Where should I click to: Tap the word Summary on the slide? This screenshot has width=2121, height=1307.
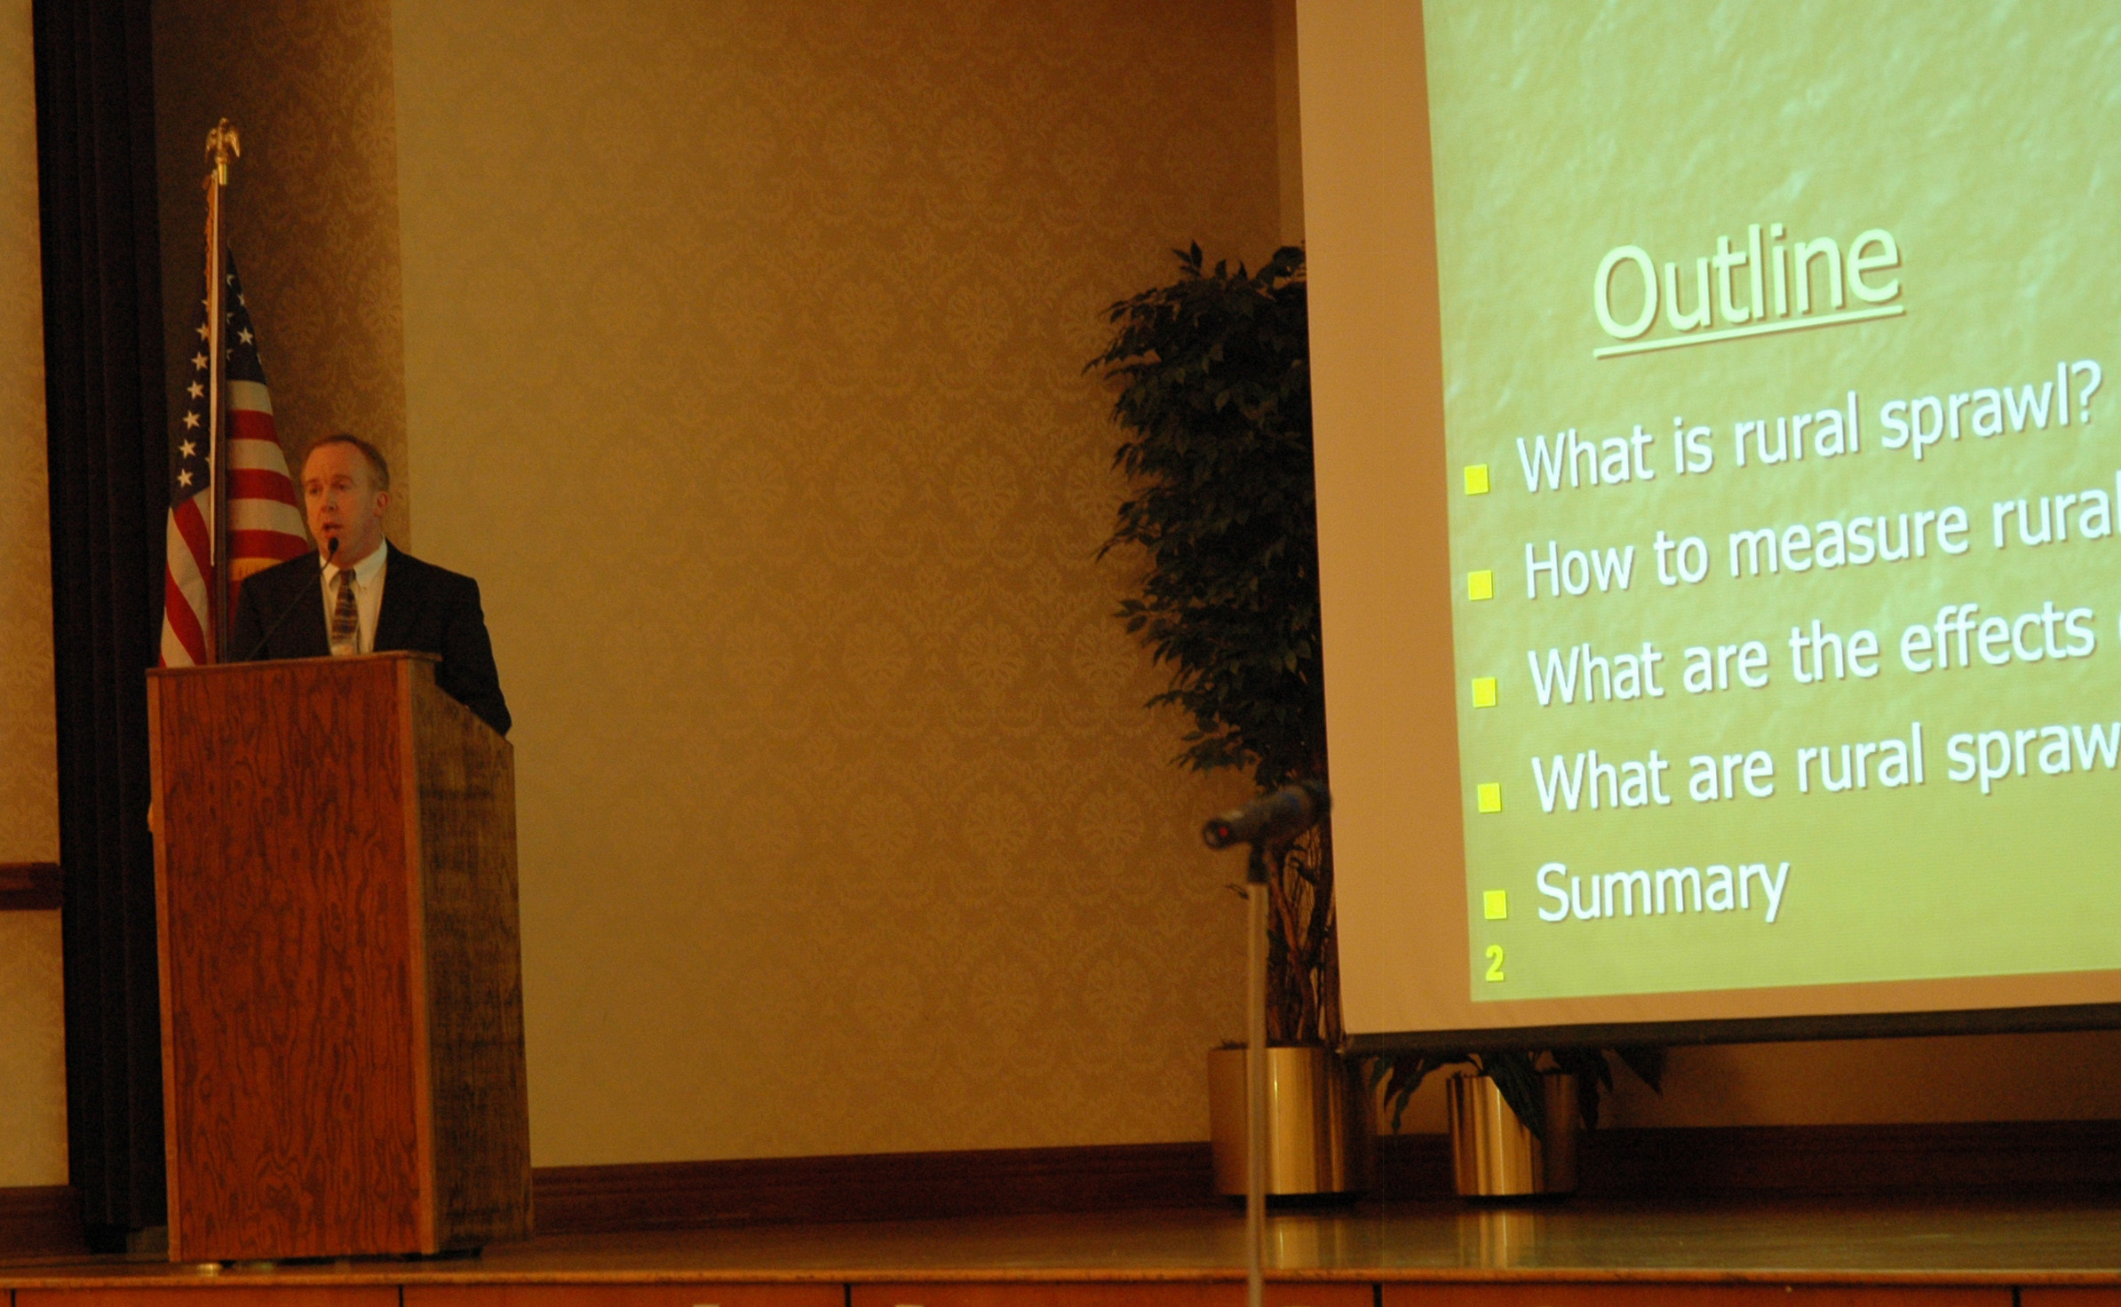pyautogui.click(x=1662, y=891)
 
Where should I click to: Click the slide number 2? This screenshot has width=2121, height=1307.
pyautogui.click(x=1495, y=965)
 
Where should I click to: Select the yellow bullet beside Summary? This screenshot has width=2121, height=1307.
pyautogui.click(x=1495, y=905)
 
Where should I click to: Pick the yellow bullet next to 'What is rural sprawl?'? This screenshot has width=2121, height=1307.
pyautogui.click(x=1476, y=479)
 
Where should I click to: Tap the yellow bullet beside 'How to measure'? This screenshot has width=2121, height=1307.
pyautogui.click(x=1480, y=585)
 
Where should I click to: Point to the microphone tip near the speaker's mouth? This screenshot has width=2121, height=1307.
pyautogui.click(x=333, y=543)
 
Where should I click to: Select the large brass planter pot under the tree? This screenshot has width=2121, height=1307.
pyautogui.click(x=1279, y=1121)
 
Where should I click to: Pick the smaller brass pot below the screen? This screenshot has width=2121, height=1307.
pyautogui.click(x=1512, y=1135)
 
